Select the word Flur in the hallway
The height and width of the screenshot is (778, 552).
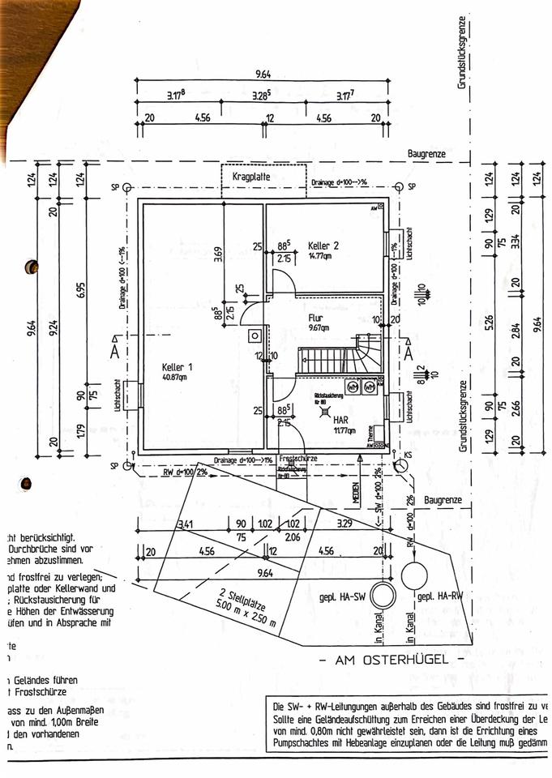pos(316,318)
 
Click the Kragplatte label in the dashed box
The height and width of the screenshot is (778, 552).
pos(250,176)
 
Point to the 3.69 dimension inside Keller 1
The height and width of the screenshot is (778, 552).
pos(217,257)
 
